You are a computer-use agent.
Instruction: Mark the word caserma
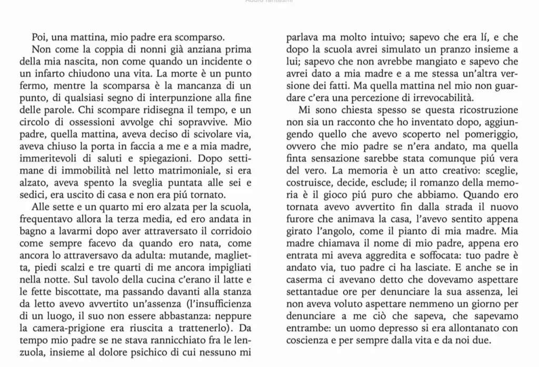pyautogui.click(x=304, y=280)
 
